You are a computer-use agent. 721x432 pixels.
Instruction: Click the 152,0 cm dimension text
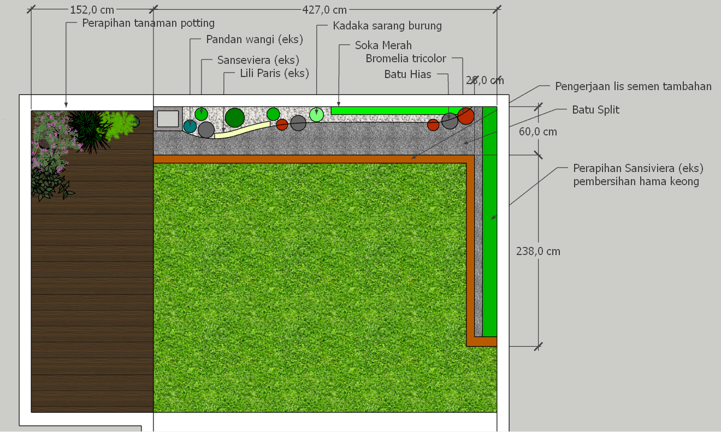pyautogui.click(x=92, y=10)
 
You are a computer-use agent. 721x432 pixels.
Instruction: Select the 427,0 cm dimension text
pyautogui.click(x=324, y=10)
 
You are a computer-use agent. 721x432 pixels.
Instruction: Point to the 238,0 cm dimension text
pyautogui.click(x=538, y=251)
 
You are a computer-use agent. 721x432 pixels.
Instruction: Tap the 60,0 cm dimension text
pyautogui.click(x=538, y=132)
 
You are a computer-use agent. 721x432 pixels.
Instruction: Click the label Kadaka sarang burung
pyautogui.click(x=387, y=26)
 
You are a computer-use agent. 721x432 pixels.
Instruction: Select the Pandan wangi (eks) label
pyautogui.click(x=255, y=39)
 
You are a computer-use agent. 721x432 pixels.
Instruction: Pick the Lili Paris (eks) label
pyautogui.click(x=275, y=73)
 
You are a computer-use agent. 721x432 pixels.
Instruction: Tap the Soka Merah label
pyautogui.click(x=383, y=45)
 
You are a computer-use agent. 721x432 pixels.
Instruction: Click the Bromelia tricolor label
pyautogui.click(x=406, y=58)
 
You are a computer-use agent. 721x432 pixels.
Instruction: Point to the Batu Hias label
pyautogui.click(x=407, y=74)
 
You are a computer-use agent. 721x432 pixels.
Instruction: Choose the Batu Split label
pyautogui.click(x=595, y=110)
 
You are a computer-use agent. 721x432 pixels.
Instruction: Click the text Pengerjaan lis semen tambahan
pyautogui.click(x=633, y=86)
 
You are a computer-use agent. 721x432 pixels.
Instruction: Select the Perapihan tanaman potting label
pyautogui.click(x=149, y=23)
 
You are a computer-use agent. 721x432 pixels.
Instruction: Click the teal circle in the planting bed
pyautogui.click(x=190, y=126)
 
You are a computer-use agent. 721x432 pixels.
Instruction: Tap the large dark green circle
pyautogui.click(x=235, y=117)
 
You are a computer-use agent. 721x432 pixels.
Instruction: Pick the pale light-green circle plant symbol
pyautogui.click(x=316, y=115)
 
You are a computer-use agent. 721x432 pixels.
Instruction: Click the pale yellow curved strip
pyautogui.click(x=242, y=131)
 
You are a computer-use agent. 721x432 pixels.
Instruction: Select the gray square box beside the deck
pyautogui.click(x=168, y=119)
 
